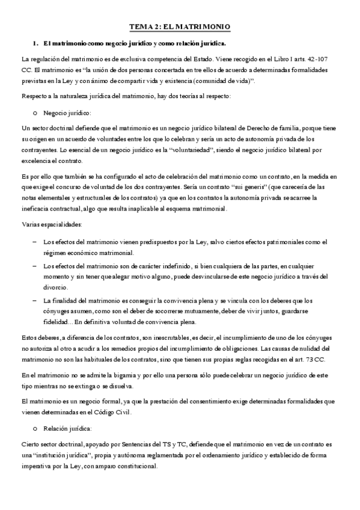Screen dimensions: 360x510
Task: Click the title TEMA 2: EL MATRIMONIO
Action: pos(180,27)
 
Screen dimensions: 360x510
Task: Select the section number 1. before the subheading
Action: pos(35,44)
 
